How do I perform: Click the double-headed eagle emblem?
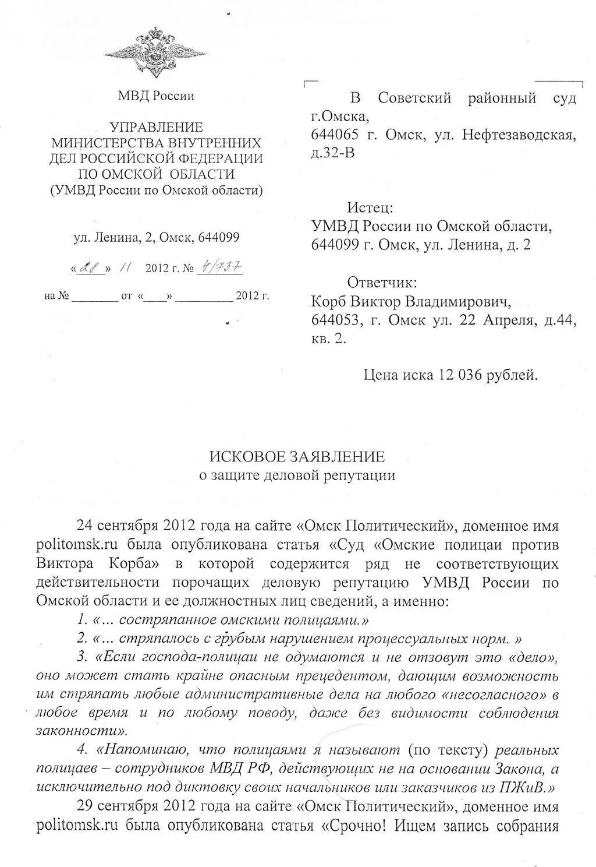pyautogui.click(x=156, y=52)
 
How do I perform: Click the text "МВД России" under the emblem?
pyautogui.click(x=156, y=96)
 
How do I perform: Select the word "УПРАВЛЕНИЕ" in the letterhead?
pyautogui.click(x=157, y=127)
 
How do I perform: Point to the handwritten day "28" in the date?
pyautogui.click(x=90, y=268)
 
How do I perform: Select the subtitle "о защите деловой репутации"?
pyautogui.click(x=297, y=475)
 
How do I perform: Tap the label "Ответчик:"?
pyautogui.click(x=382, y=283)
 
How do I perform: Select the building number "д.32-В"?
pyautogui.click(x=332, y=153)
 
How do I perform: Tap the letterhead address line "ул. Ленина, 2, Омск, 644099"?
pyautogui.click(x=156, y=237)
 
